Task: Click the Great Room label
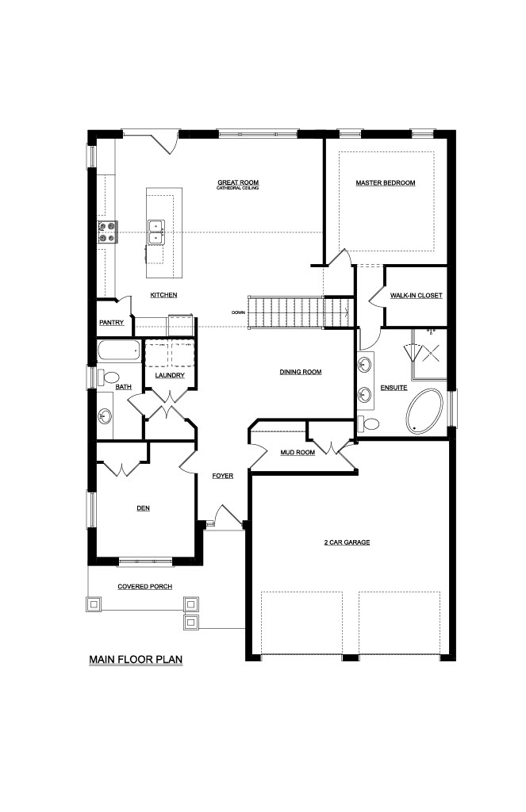click(238, 182)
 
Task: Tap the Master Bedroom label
click(385, 183)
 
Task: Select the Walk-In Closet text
click(417, 296)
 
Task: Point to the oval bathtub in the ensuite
click(424, 412)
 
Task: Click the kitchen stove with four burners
click(107, 232)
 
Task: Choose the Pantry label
click(111, 323)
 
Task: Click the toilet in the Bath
click(109, 377)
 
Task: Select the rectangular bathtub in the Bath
click(119, 351)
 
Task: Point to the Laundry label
click(170, 375)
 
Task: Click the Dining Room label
click(301, 372)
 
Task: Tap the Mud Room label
click(298, 453)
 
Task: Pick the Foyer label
click(222, 476)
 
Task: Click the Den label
click(143, 508)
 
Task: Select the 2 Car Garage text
click(347, 542)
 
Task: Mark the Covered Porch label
click(144, 587)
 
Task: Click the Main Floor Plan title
click(136, 660)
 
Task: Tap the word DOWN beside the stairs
click(238, 312)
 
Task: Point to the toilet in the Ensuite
click(368, 423)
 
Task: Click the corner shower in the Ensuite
click(428, 354)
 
